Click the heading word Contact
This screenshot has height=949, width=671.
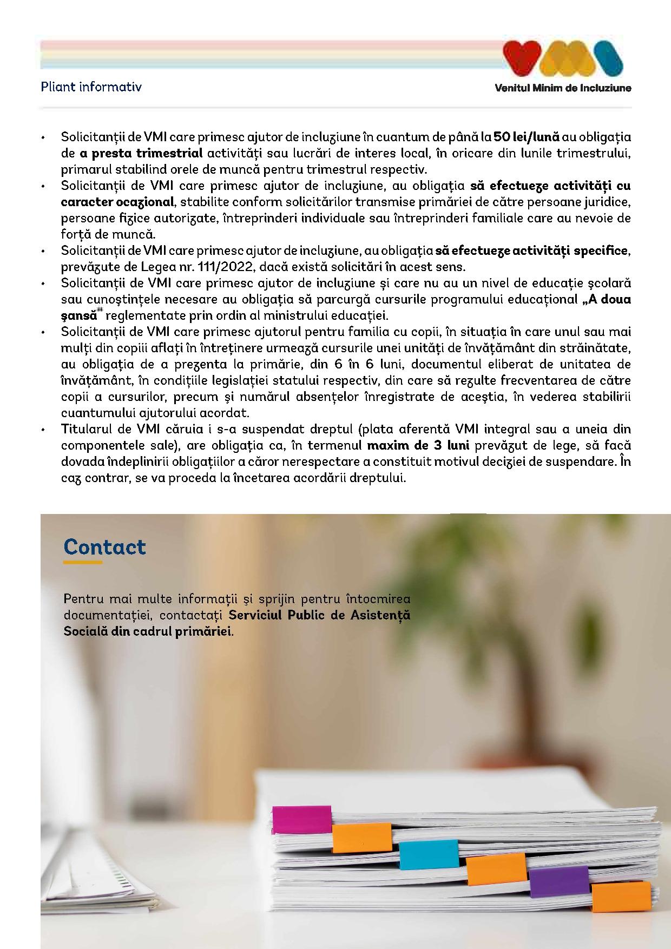(104, 547)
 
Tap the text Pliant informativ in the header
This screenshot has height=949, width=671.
(91, 87)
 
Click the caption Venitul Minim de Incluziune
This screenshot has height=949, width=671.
(563, 88)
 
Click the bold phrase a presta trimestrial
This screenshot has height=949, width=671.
(141, 153)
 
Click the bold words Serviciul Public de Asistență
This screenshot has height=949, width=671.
(319, 615)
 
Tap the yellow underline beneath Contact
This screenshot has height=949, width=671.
(83, 563)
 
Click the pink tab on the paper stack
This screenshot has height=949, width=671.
(301, 820)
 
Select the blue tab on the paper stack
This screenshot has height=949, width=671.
(429, 854)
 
